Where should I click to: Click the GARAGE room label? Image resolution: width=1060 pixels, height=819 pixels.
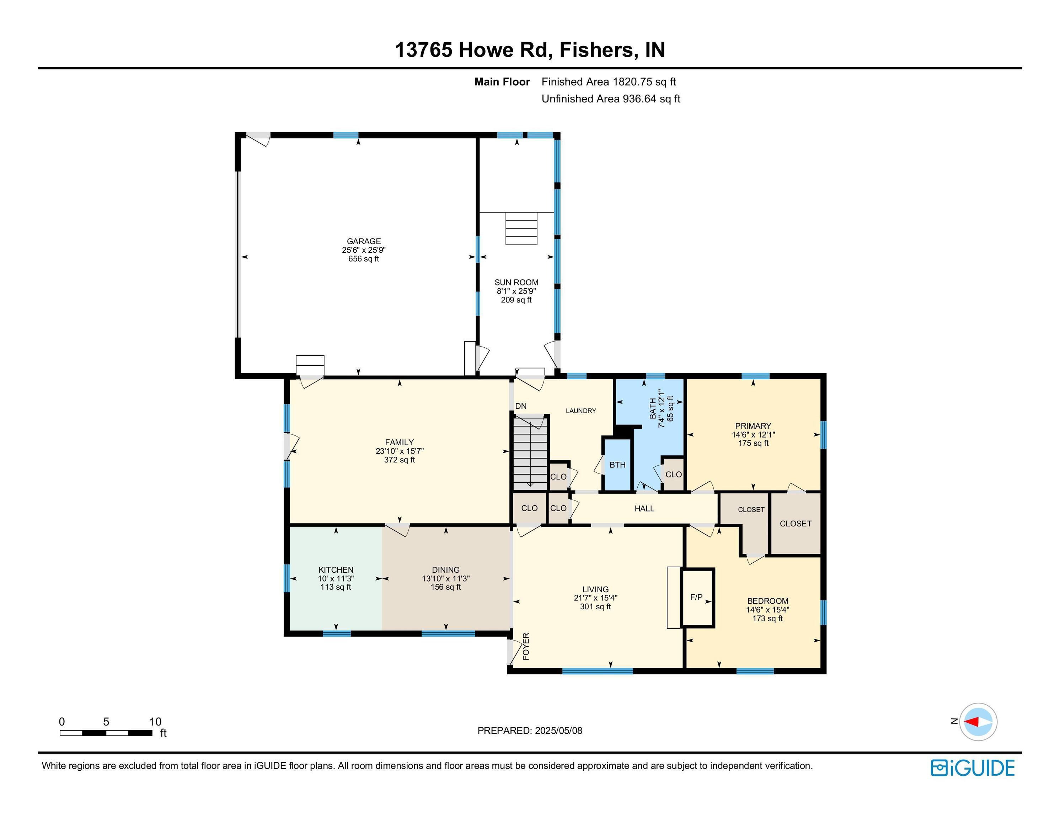tap(364, 241)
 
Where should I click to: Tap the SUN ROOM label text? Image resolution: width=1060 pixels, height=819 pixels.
tap(516, 283)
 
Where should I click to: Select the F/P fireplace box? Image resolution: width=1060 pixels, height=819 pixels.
tap(698, 598)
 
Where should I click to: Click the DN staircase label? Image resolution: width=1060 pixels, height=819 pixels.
tap(521, 406)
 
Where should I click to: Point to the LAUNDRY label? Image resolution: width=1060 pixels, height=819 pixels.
tap(581, 411)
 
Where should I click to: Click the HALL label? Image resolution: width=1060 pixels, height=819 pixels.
tap(644, 508)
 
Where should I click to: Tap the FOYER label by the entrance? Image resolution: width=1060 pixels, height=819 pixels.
tap(526, 646)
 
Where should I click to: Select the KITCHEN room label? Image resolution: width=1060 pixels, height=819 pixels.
tap(336, 570)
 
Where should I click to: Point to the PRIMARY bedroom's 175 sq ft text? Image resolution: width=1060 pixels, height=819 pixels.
tap(753, 443)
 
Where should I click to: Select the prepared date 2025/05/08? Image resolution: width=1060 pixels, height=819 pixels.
tap(558, 730)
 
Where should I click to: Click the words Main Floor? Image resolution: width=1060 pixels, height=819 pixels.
tap(502, 82)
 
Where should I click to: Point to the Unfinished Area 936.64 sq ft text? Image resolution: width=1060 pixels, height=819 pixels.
tap(611, 99)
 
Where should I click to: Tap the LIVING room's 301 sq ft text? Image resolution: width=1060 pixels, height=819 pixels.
tap(595, 607)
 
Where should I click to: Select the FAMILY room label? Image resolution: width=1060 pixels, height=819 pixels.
tap(400, 442)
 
